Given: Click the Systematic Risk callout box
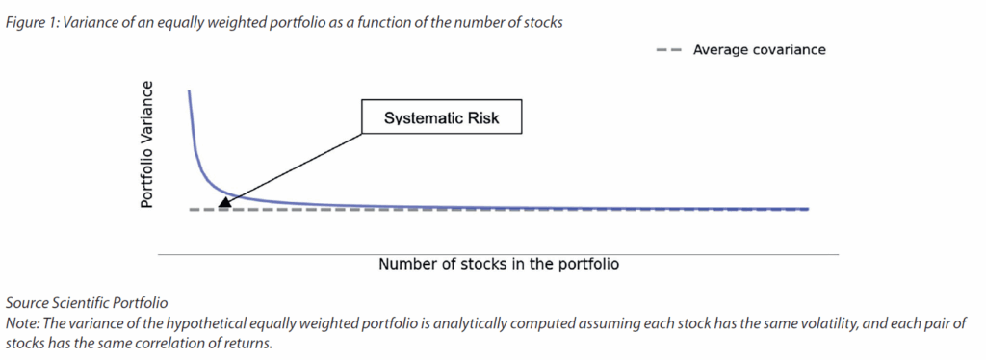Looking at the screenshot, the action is coord(441,116).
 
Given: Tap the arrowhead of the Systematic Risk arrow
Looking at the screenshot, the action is coord(222,202).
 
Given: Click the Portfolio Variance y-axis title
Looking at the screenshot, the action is coord(146,144).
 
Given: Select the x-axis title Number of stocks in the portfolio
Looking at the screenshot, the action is coord(499,264).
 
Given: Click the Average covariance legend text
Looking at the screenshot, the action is coord(759,50).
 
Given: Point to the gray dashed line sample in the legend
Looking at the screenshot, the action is coord(668,50).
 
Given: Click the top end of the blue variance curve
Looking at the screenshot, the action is coord(189,91).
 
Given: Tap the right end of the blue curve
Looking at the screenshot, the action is coord(808,209).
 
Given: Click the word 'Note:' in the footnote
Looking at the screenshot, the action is coord(20,324).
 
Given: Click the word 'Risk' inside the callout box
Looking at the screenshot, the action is coord(483,117).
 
